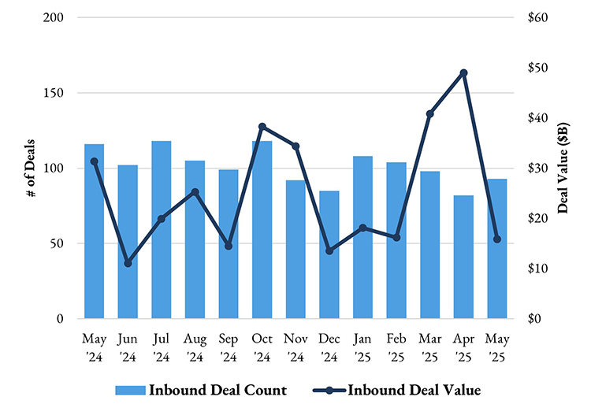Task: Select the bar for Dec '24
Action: click(x=329, y=255)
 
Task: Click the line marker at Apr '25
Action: click(x=463, y=73)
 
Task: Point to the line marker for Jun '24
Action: click(x=128, y=263)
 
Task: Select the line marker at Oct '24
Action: click(x=262, y=127)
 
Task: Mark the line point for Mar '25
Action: click(x=430, y=114)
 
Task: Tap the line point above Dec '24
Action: click(x=329, y=251)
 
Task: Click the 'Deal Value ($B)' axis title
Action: click(x=563, y=168)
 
